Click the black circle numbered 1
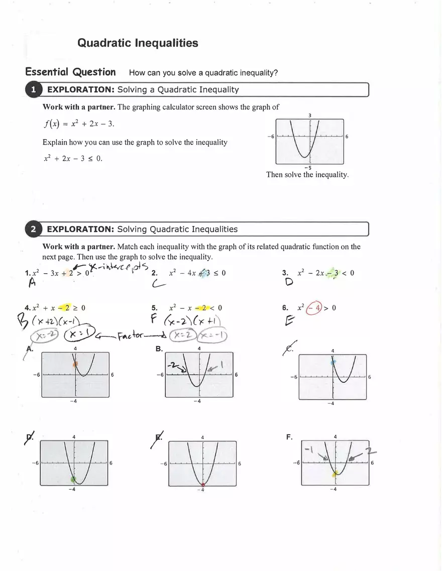[x=33, y=90]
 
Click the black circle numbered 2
[x=33, y=230]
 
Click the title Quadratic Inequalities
[x=138, y=43]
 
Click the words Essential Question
[x=70, y=72]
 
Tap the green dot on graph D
[x=74, y=480]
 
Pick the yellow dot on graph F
[x=335, y=474]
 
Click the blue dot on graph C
[x=333, y=361]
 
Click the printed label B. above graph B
[x=159, y=349]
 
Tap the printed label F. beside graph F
[x=289, y=437]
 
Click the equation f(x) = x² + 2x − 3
[x=75, y=124]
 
